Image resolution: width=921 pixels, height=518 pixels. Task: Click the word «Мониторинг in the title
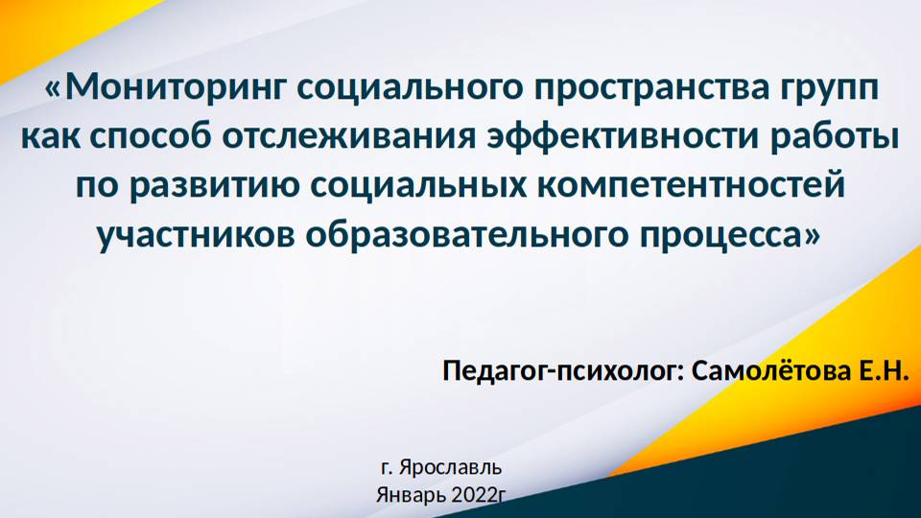click(164, 88)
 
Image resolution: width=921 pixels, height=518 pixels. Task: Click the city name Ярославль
click(450, 469)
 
